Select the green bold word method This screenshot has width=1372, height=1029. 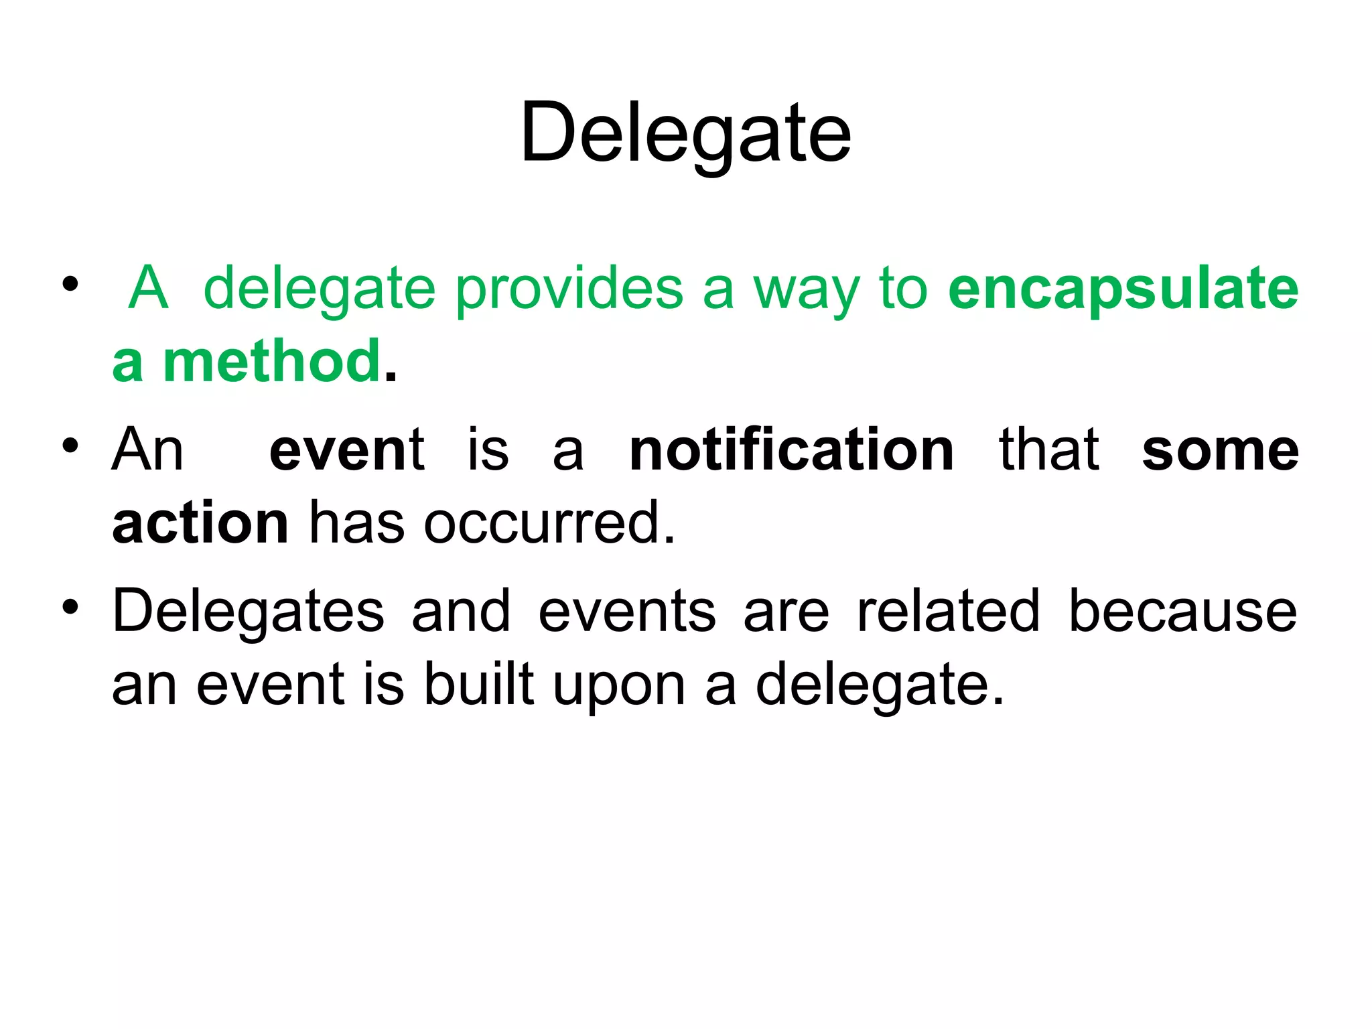pyautogui.click(x=272, y=362)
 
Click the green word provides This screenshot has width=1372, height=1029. pyautogui.click(x=569, y=289)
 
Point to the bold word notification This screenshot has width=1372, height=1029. pyautogui.click(x=791, y=450)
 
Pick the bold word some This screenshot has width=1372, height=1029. pyautogui.click(x=1220, y=450)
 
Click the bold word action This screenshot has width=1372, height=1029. pyautogui.click(x=200, y=523)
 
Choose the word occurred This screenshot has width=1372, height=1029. pyautogui.click(x=549, y=523)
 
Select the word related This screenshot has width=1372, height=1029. pyautogui.click(x=948, y=611)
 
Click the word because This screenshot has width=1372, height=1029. pyautogui.click(x=1182, y=611)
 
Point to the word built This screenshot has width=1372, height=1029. pyautogui.click(x=479, y=684)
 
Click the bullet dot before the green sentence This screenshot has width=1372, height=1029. pyautogui.click(x=70, y=284)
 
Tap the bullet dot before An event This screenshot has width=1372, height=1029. pyautogui.click(x=70, y=445)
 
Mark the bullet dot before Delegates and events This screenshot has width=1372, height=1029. pyautogui.click(x=70, y=607)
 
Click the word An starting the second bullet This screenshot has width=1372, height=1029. pyautogui.click(x=147, y=450)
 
